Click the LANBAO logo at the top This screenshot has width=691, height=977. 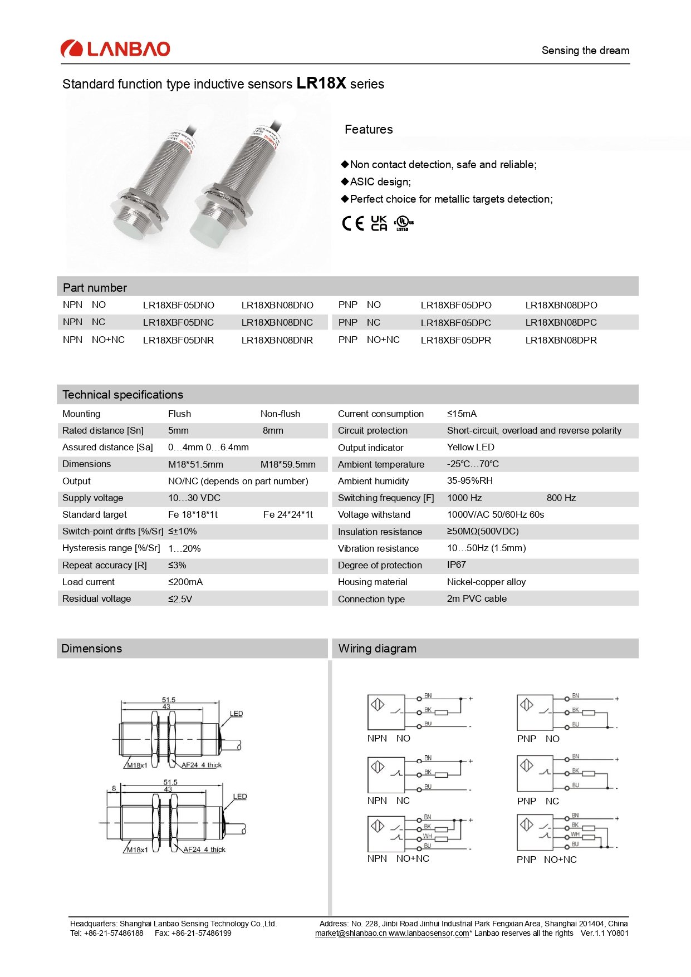(x=115, y=49)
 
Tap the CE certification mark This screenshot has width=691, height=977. (x=353, y=223)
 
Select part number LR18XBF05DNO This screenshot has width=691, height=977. (x=178, y=305)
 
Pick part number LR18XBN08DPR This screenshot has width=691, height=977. (x=561, y=340)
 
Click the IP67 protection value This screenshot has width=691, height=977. (x=456, y=564)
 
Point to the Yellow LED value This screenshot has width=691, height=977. (x=471, y=447)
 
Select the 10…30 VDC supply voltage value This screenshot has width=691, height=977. (x=194, y=498)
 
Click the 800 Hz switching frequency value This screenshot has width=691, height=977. (x=561, y=498)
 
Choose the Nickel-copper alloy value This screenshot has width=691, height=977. (x=486, y=582)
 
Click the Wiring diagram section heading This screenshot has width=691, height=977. (x=377, y=649)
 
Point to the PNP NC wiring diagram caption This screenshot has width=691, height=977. (x=538, y=801)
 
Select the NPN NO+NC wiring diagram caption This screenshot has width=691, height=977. (x=398, y=858)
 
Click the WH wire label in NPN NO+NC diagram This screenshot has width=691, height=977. (x=427, y=836)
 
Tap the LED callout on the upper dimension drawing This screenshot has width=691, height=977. (x=236, y=714)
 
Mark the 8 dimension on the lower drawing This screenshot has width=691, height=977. (x=114, y=788)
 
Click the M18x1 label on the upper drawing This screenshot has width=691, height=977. (x=137, y=765)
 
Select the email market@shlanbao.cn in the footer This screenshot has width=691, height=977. (x=351, y=934)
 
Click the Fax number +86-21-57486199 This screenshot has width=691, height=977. (x=193, y=933)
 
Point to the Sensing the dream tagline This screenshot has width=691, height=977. (x=585, y=51)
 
